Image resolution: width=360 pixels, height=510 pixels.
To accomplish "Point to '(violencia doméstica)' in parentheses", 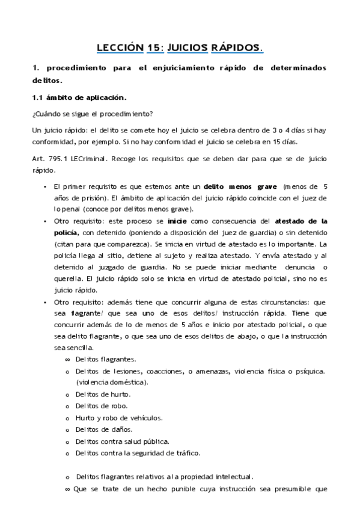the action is click(112, 382).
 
